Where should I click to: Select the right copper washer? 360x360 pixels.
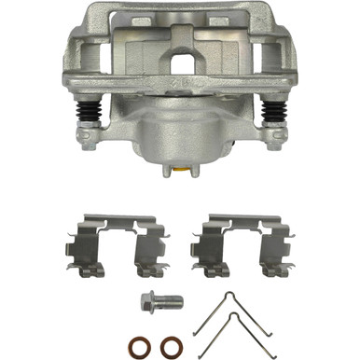pos(168,342)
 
